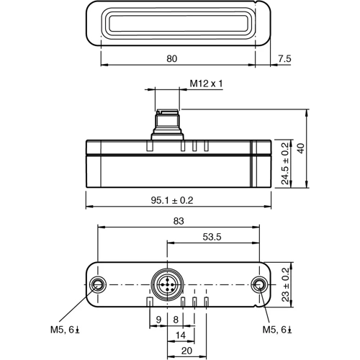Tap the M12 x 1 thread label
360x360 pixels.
pos(207,84)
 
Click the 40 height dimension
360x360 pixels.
pos(320,148)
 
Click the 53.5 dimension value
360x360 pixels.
pos(212,236)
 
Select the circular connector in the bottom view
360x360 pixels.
pos(167,285)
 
